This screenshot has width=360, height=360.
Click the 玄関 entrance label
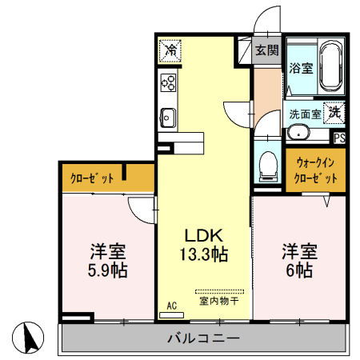pos(267,50)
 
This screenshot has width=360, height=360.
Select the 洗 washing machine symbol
pos(334,113)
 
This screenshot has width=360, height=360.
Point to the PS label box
pos(340,137)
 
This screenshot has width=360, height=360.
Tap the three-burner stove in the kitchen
pos(169,82)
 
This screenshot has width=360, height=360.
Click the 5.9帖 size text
pos(108,270)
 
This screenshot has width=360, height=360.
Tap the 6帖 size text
pos(298,270)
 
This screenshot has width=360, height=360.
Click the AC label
pos(172,305)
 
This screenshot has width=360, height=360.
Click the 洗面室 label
pos(305,114)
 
